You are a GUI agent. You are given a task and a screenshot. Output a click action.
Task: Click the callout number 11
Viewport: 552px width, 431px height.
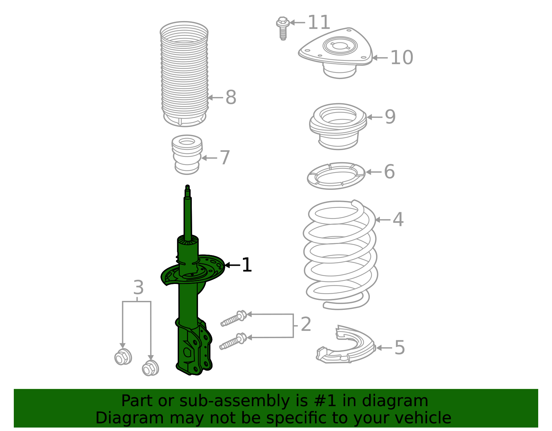pos(318,23)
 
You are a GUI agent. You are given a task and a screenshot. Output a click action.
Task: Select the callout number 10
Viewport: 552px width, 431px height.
pos(401,58)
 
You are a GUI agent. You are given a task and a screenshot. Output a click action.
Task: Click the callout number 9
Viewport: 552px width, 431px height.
pos(390,117)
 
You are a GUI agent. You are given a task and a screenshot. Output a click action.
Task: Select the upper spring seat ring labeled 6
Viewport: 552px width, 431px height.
pos(336,176)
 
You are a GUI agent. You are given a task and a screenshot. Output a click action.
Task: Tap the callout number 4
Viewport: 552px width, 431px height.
pos(398,219)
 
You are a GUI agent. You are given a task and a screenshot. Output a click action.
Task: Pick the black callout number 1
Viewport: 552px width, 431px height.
pos(247,265)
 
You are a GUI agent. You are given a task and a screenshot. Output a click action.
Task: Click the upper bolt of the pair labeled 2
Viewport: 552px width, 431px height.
pos(234,319)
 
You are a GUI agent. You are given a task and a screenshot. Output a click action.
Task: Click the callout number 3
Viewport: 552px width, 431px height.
pos(138,287)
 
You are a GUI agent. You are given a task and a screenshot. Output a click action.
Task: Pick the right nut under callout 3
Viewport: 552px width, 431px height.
pos(150,368)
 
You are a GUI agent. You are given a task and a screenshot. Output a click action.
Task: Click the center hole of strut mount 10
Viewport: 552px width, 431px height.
pos(340,46)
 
